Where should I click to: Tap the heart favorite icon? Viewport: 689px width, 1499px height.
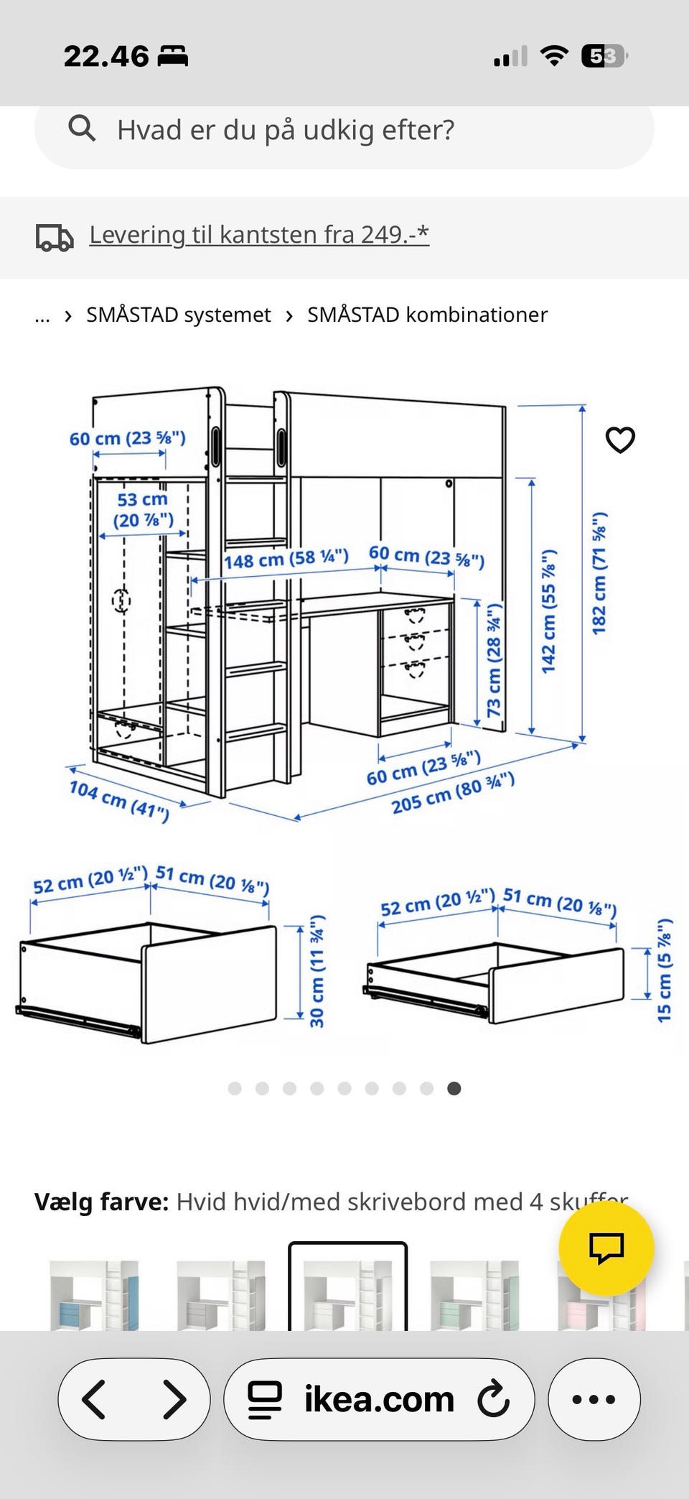point(620,440)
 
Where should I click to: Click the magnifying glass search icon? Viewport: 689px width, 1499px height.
point(82,129)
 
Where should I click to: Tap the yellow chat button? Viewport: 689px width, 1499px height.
point(606,1248)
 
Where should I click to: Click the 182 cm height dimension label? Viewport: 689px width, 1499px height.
point(599,573)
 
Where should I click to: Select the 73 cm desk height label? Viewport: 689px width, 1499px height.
point(494,659)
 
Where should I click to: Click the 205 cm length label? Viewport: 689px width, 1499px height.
point(453,793)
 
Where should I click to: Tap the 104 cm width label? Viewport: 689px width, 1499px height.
point(119,801)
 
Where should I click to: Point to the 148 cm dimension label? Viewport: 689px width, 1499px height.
point(286,558)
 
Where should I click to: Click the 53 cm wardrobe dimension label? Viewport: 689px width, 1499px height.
point(143,509)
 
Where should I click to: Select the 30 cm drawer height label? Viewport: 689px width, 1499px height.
point(317,971)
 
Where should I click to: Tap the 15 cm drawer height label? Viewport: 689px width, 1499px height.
point(665,970)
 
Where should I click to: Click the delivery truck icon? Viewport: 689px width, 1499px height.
point(55,238)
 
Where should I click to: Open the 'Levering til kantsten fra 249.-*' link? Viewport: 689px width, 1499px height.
point(259,234)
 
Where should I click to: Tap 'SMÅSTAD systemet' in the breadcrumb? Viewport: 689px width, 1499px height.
point(178,315)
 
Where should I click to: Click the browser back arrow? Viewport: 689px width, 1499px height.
point(94,1398)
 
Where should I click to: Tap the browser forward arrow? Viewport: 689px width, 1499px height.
point(174,1398)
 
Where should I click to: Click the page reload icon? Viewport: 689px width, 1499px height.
point(494,1398)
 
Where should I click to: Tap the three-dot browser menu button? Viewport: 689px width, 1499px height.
point(594,1399)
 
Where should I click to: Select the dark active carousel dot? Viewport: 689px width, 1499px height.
point(454,1088)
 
